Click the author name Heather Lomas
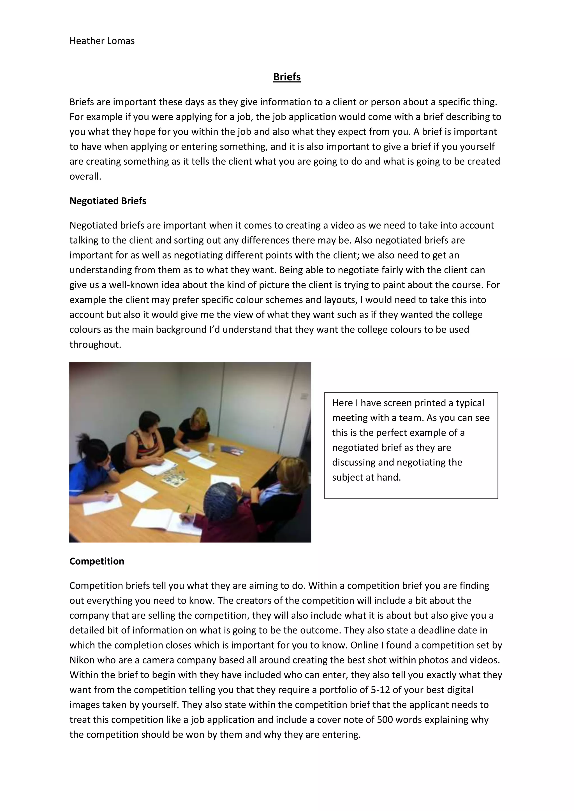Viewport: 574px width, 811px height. coord(102,41)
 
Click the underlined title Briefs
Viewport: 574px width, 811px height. coord(287,77)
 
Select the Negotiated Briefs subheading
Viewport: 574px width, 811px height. coord(108,201)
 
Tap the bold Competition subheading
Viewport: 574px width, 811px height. coord(97,561)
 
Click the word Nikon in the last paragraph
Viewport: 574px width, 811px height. coord(82,660)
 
